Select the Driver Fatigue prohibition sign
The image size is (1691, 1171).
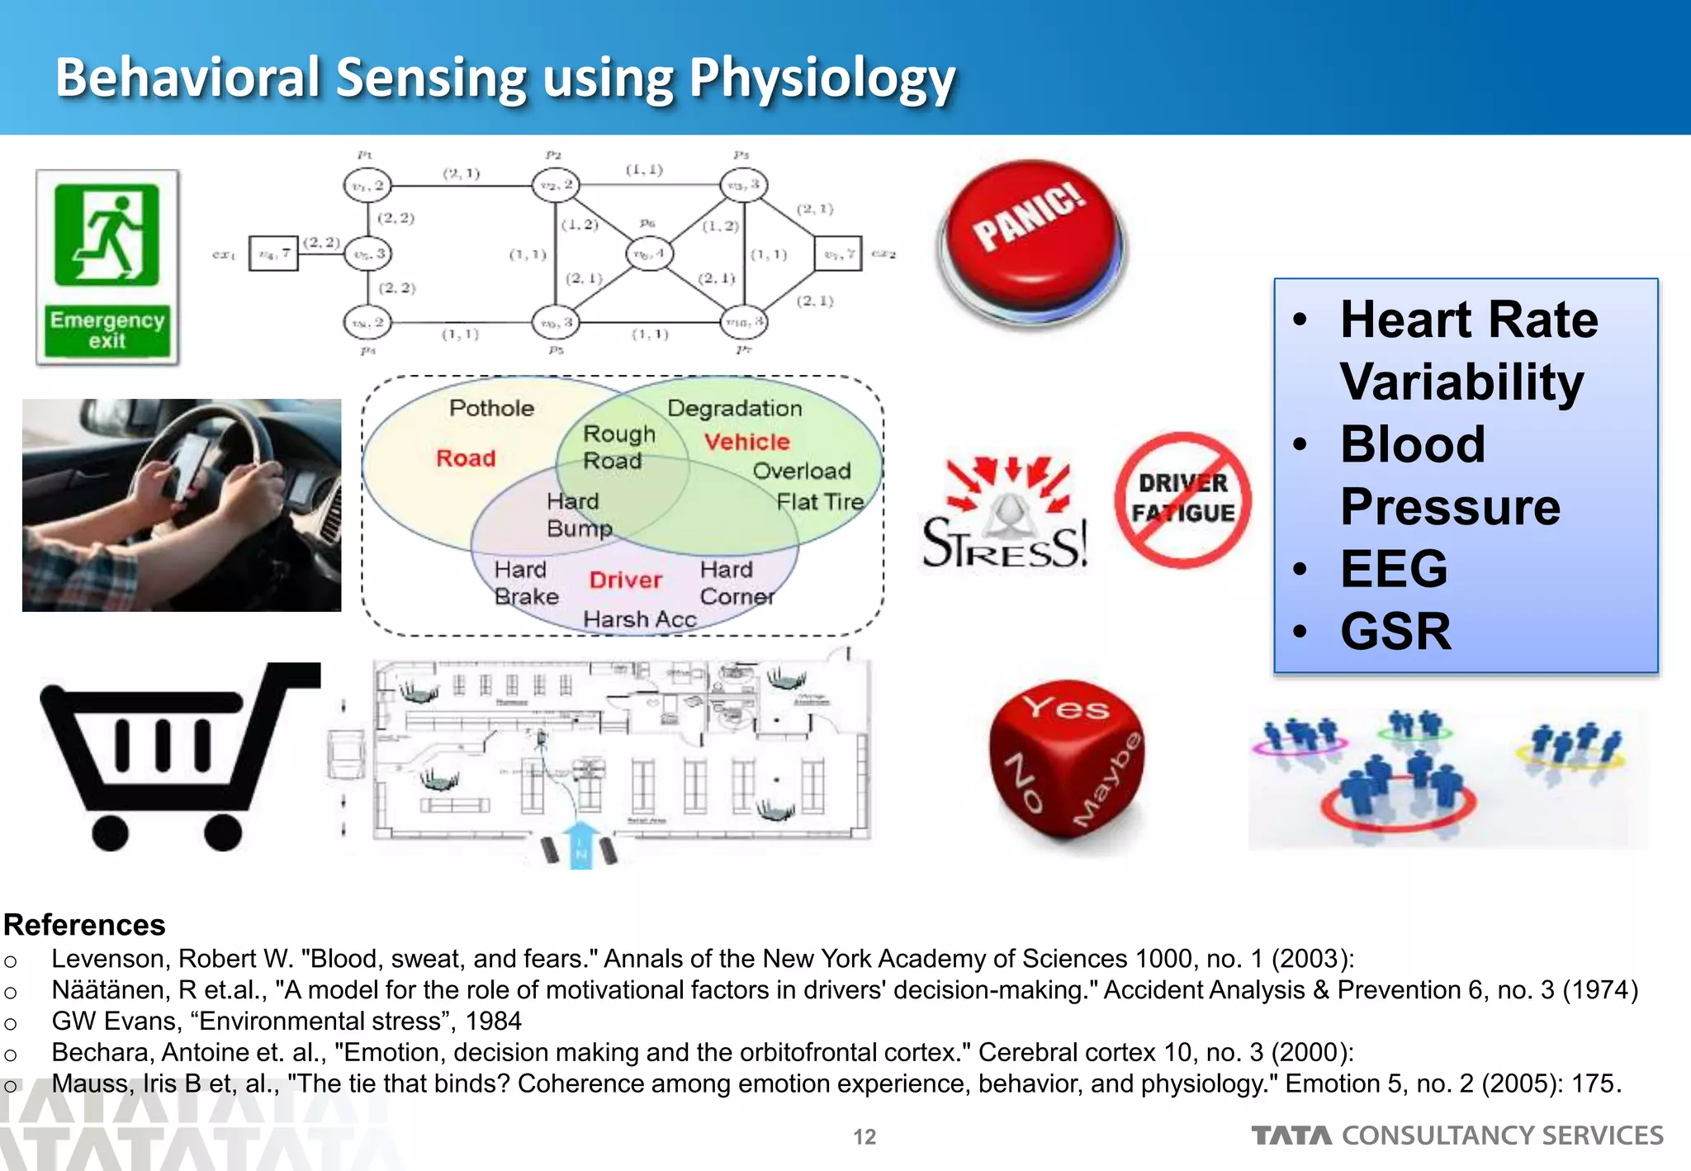1182,500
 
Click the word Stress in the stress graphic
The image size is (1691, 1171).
1004,543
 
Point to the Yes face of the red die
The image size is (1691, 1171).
1066,708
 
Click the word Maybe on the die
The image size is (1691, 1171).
1109,780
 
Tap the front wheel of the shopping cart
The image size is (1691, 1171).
222,832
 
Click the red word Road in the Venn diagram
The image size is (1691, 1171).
466,458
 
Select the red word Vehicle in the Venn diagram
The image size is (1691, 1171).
746,442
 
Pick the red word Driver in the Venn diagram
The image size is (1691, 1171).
625,580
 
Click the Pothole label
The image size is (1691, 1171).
491,408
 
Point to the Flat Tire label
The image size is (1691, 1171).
819,502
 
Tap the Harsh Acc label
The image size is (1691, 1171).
639,619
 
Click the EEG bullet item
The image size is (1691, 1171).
1394,569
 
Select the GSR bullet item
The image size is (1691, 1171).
1395,632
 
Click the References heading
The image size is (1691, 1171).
84,925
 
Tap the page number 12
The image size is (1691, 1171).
864,1137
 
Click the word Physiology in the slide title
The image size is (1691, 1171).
822,78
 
